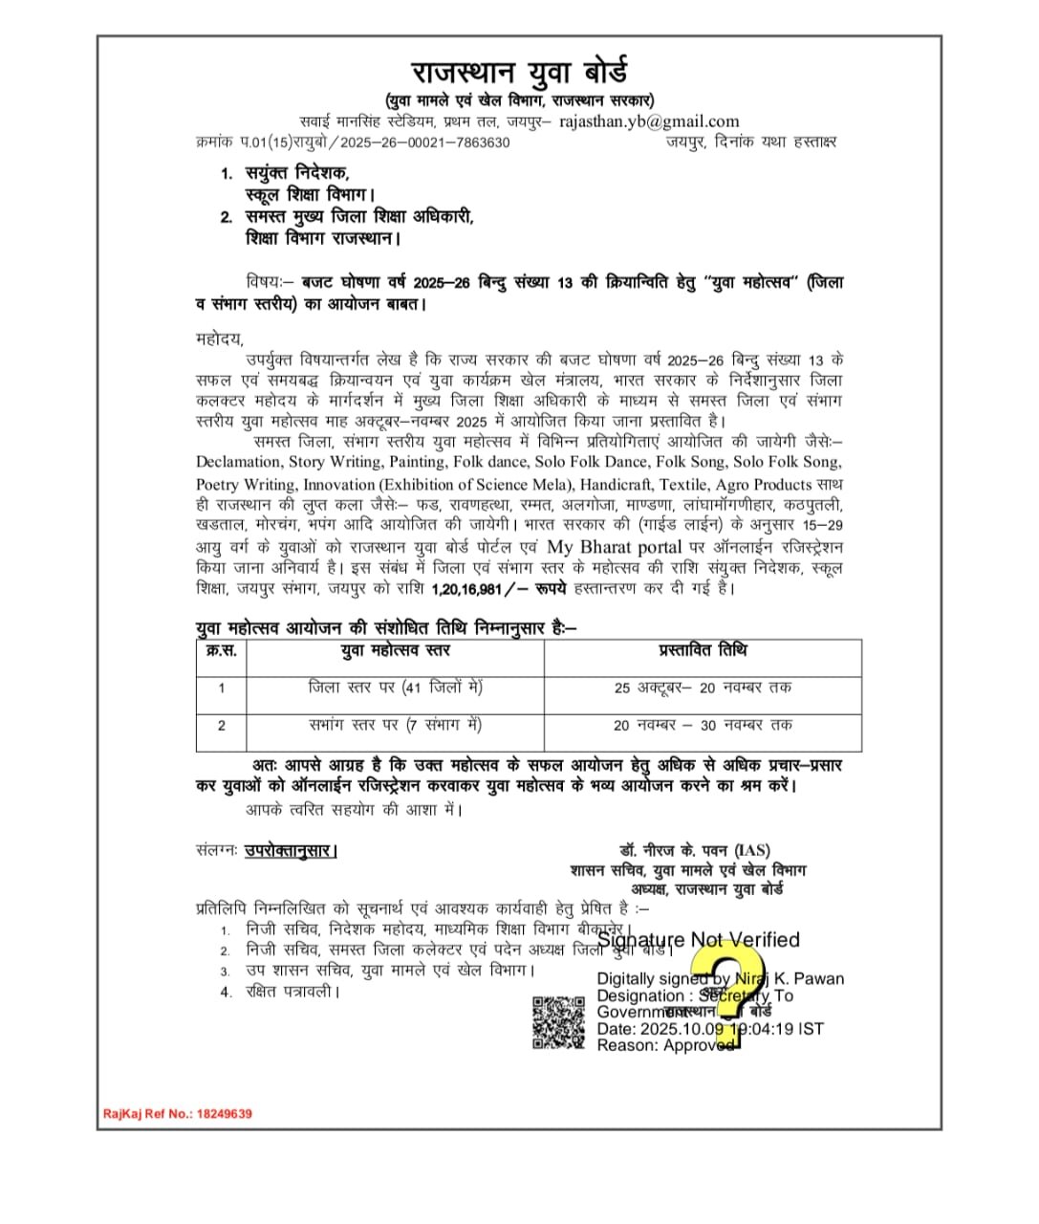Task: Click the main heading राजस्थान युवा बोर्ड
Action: click(519, 73)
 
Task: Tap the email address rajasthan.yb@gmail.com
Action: click(648, 121)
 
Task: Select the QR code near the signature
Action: click(558, 1023)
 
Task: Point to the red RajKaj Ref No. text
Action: click(178, 1114)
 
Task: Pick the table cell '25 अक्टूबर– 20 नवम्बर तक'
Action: click(703, 688)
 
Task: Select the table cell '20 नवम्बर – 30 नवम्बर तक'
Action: click(703, 725)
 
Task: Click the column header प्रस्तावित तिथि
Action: click(703, 650)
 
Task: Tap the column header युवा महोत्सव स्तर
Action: click(395, 650)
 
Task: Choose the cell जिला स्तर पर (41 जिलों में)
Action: click(395, 688)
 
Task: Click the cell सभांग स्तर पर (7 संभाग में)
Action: click(395, 725)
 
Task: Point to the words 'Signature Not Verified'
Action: click(699, 940)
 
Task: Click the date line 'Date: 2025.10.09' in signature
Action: click(660, 1029)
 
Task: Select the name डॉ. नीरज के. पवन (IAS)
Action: click(694, 850)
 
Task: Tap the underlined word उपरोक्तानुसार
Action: click(291, 850)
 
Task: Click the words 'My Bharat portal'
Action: click(614, 548)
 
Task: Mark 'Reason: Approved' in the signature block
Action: click(664, 1045)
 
